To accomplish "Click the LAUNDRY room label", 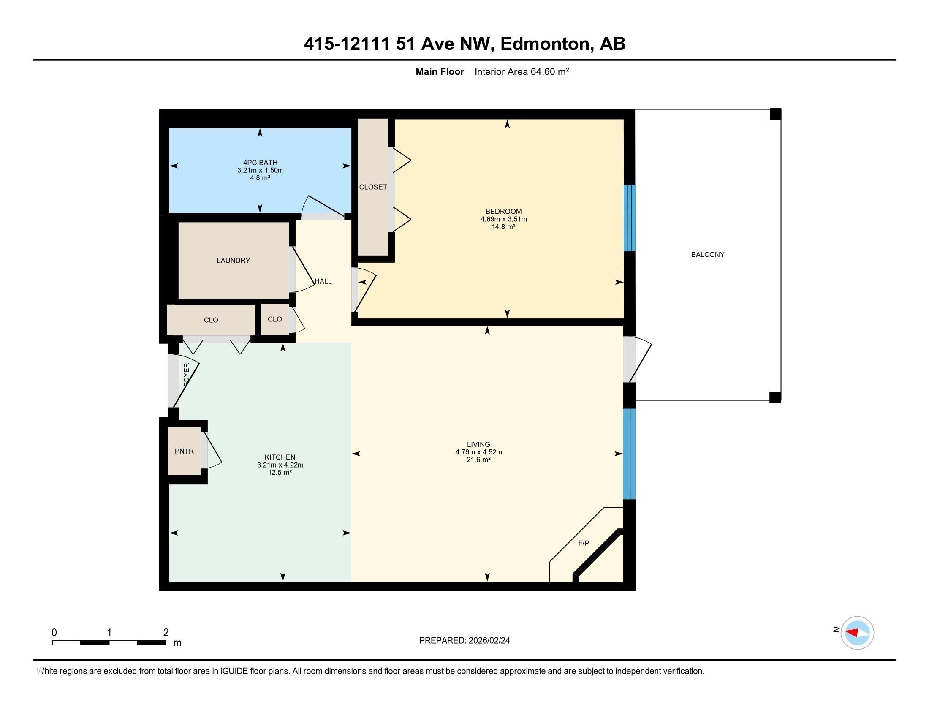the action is tap(233, 260).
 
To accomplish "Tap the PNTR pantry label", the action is tap(184, 451).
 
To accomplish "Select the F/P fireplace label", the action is tap(584, 543).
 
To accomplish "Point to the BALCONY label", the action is tap(707, 254).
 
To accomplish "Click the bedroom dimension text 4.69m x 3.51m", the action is tap(504, 219).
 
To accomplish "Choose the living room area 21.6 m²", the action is tap(478, 460).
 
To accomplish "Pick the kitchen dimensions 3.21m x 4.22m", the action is tap(280, 465).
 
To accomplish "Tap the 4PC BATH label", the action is tap(260, 163).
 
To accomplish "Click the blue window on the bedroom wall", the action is tap(629, 218).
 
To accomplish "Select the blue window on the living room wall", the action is tap(629, 454).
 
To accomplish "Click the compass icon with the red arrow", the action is tap(857, 633).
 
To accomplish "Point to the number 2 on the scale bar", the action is tap(166, 632).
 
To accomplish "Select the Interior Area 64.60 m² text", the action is tap(522, 71).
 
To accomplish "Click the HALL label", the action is tap(323, 281).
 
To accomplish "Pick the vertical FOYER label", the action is tap(186, 375).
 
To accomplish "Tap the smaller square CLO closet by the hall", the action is tap(275, 319).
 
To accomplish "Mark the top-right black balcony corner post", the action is tap(775, 114).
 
